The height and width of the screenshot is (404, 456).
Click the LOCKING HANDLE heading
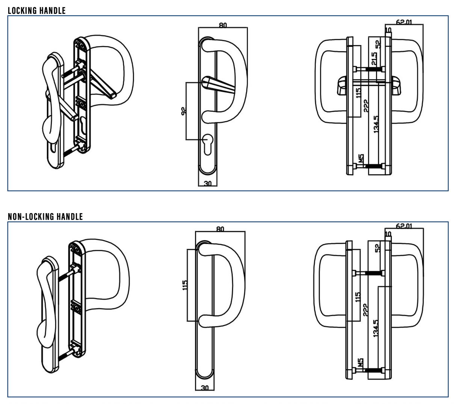pyautogui.click(x=36, y=11)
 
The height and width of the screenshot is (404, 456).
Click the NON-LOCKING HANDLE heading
pyautogui.click(x=45, y=216)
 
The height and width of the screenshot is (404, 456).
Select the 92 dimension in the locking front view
pyautogui.click(x=184, y=111)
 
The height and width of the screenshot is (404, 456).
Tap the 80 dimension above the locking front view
pyautogui.click(x=223, y=25)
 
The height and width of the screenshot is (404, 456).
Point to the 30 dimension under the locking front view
pyautogui.click(x=207, y=183)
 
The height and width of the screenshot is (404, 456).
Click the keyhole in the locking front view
pyautogui.click(x=207, y=145)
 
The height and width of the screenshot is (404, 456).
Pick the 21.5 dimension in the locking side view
pyautogui.click(x=374, y=59)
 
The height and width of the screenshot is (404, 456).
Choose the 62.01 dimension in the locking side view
pyautogui.click(x=404, y=22)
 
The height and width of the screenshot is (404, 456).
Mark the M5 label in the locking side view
pyautogui.click(x=361, y=158)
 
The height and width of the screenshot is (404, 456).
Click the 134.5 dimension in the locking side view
pyautogui.click(x=376, y=124)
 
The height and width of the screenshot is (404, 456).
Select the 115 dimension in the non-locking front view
pyautogui.click(x=184, y=285)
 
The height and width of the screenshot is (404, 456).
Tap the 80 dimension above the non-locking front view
pyautogui.click(x=220, y=229)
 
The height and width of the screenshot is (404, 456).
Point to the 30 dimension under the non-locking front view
pyautogui.click(x=205, y=387)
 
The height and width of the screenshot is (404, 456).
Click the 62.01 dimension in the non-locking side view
pyautogui.click(x=404, y=226)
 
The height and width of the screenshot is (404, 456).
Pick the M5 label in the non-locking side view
pyautogui.click(x=361, y=362)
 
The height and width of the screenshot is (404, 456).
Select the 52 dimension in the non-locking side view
pyautogui.click(x=377, y=248)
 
